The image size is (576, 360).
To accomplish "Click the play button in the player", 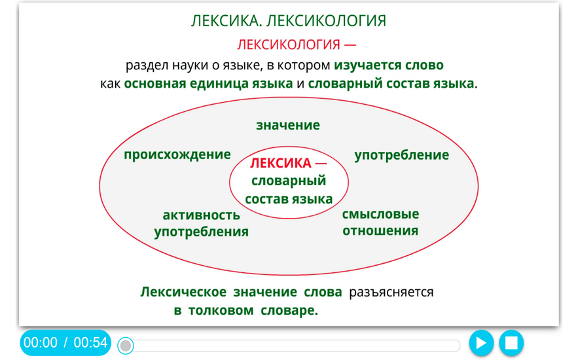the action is pos(481,343).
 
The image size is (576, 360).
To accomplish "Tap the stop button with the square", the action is pos(511,343).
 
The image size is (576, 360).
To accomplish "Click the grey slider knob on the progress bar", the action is pos(126,346).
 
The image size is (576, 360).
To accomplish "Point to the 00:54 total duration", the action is pos(90,342).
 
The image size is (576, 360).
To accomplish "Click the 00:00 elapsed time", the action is pos(41,342).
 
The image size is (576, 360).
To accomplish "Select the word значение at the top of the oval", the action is pos(288,125).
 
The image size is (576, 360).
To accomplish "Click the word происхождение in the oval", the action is pos(177,154).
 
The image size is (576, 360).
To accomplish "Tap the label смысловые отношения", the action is pos(380,223).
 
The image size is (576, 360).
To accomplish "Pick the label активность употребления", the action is pos(202,223).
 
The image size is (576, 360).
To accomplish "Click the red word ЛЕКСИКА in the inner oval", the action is pos(281,163).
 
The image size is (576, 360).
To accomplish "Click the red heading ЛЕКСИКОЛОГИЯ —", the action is pos(297,45).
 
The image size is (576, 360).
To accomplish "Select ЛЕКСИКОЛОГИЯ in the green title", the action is pos(326,21).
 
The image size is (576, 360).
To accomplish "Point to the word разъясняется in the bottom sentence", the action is pos(391,292).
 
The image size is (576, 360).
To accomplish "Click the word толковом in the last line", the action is pos(221,310).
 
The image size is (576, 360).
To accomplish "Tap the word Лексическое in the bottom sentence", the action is pos(183,292).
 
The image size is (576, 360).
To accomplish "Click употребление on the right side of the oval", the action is pos(401,155).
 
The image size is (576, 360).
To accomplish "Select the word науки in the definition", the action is pos(189,65).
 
